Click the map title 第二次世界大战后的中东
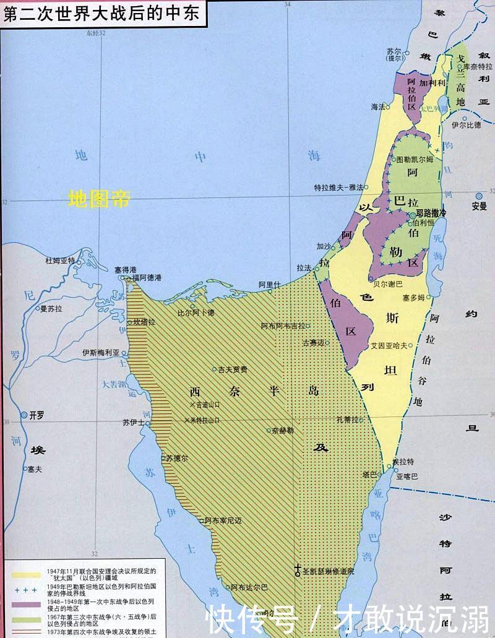tap(101, 14)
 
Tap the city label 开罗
tap(37, 416)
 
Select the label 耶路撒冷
tap(431, 213)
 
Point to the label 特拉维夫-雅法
tap(339, 186)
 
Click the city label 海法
tap(378, 106)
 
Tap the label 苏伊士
tap(133, 423)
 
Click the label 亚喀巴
tap(407, 476)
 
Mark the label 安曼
tap(479, 206)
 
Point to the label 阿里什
tap(269, 284)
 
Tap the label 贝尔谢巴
tap(387, 284)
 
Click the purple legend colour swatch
tap(25, 602)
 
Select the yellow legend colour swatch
tap(25, 574)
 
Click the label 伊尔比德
tap(466, 124)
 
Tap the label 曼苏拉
tap(52, 307)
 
